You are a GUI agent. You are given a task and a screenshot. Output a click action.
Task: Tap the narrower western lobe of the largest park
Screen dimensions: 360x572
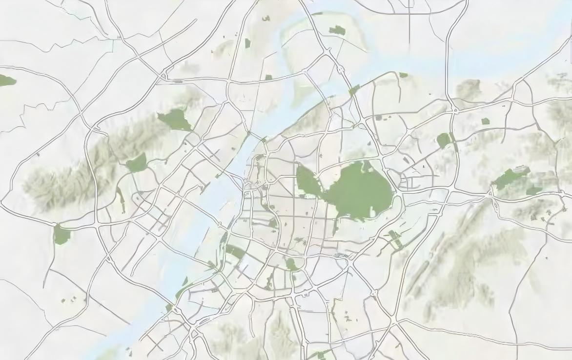pos(306,180)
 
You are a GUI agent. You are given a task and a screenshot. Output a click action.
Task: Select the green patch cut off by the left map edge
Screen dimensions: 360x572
pos(6,80)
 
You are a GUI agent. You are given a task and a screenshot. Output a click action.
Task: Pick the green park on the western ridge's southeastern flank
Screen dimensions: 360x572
pos(137,163)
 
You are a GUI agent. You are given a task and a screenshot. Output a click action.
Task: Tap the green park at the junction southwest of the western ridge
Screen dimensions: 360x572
pos(61,235)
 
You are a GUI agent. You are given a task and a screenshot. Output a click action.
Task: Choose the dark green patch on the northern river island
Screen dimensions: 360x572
pos(337,31)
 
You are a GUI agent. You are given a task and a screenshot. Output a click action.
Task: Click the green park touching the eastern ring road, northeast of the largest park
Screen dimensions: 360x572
pos(444,140)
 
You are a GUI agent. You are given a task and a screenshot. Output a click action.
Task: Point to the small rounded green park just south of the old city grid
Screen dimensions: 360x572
pos(292,264)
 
